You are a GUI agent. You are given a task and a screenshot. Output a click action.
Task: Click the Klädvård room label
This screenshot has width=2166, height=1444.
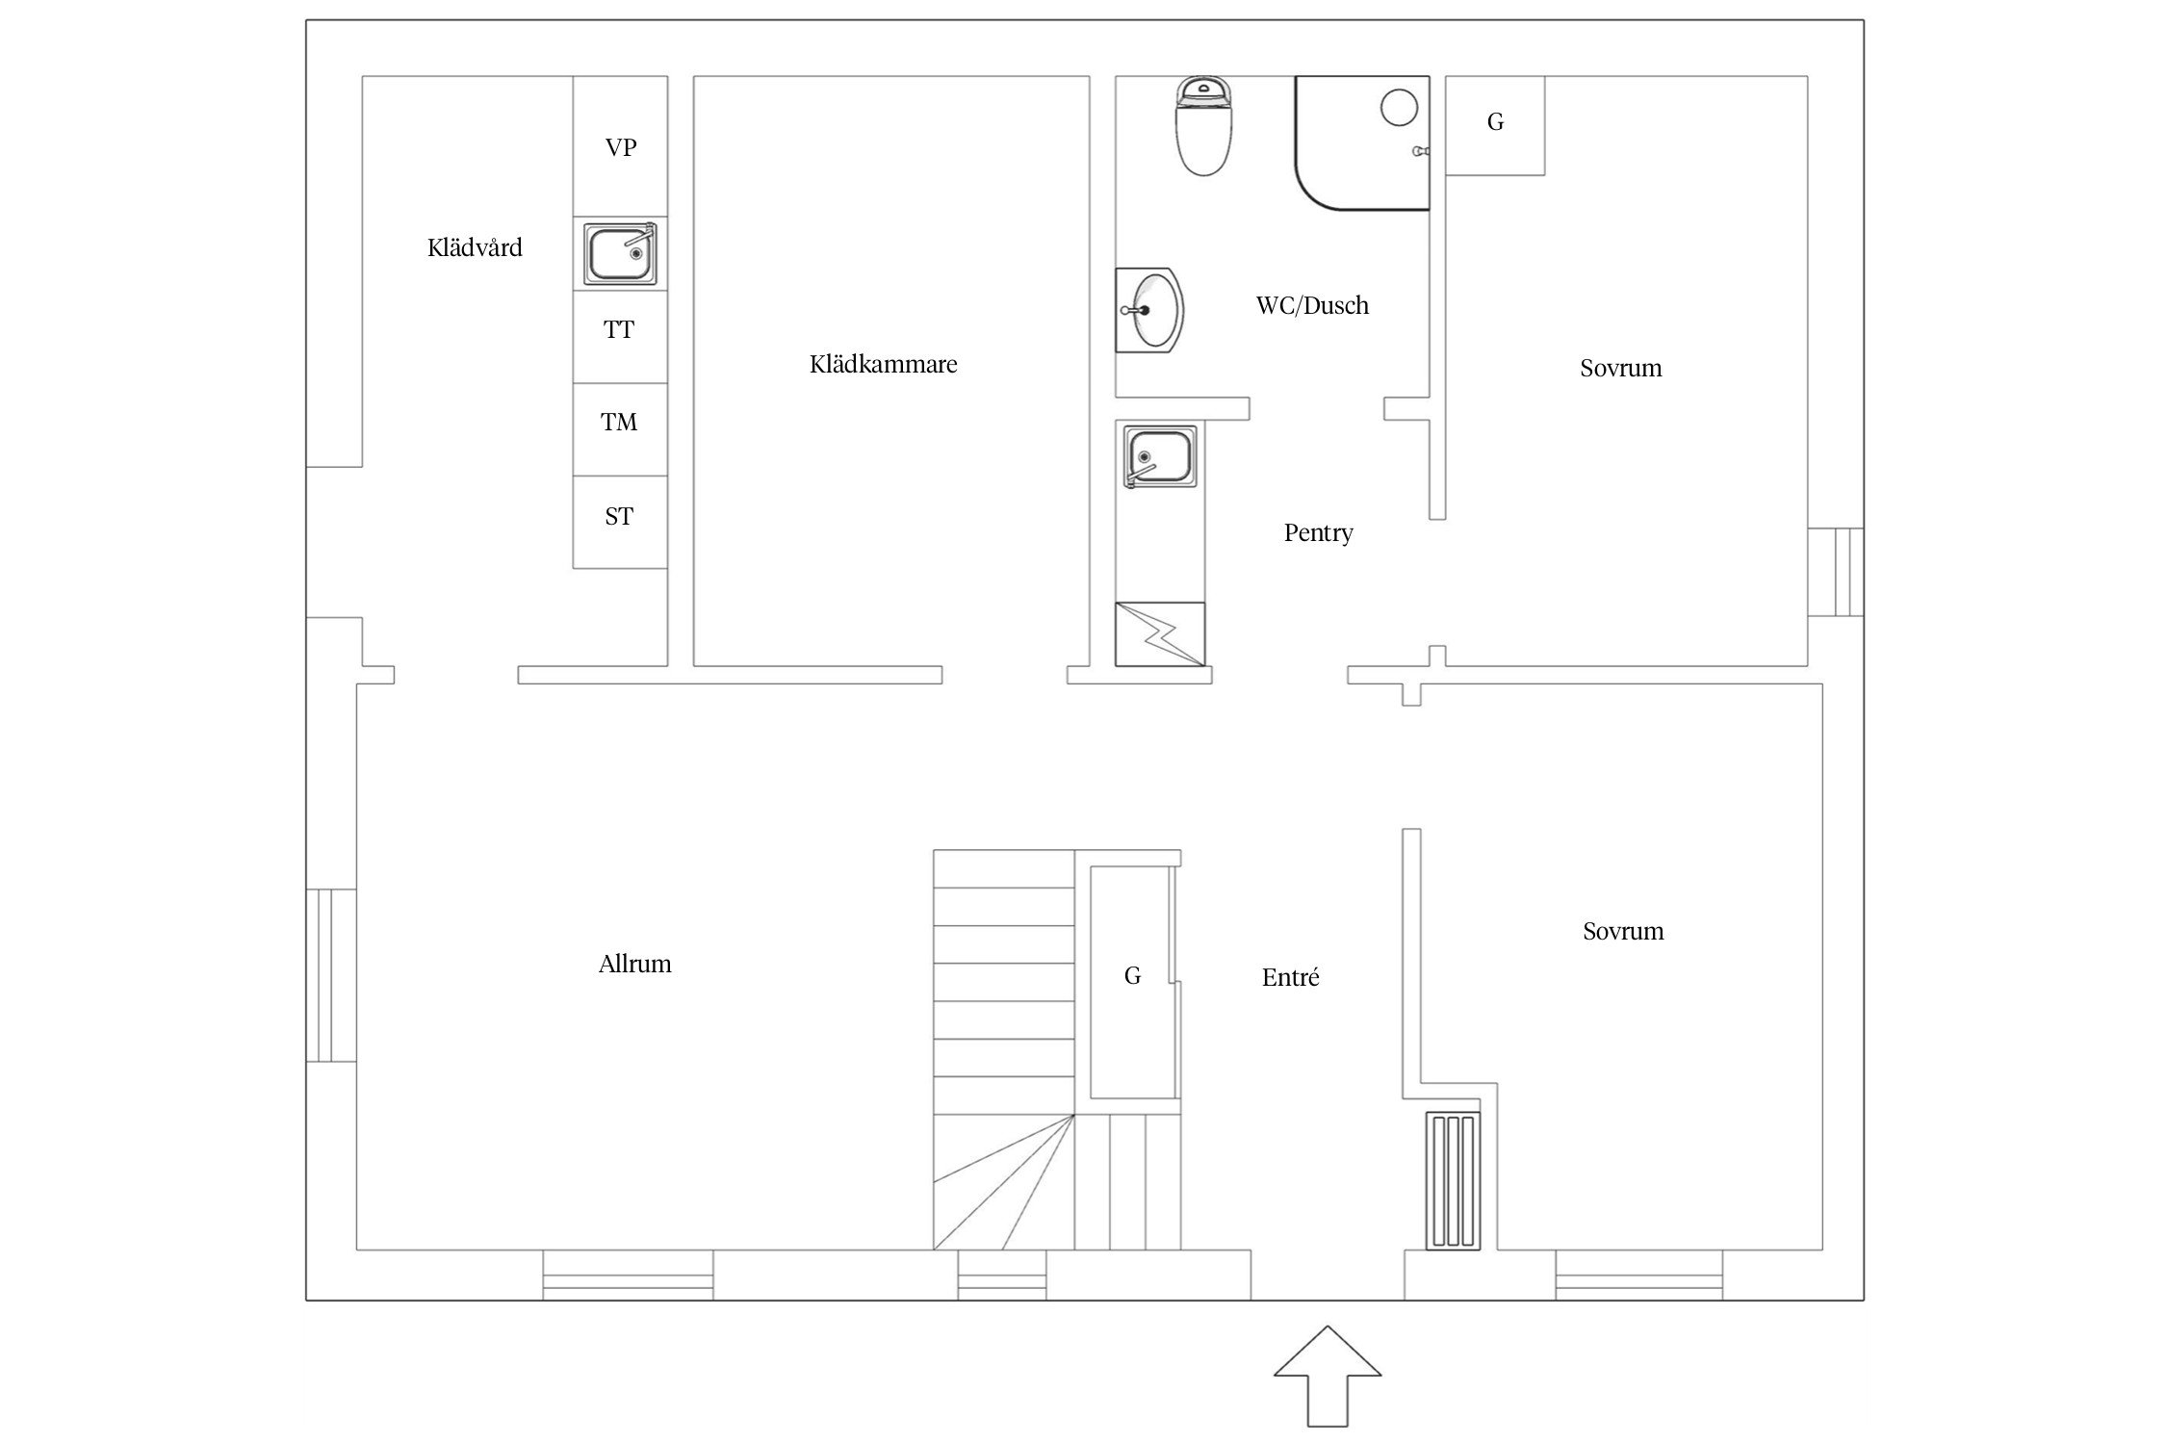(x=475, y=248)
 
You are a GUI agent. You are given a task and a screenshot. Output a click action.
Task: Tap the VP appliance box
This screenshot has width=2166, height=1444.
(x=620, y=146)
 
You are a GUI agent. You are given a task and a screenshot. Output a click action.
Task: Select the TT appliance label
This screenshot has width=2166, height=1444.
(x=619, y=330)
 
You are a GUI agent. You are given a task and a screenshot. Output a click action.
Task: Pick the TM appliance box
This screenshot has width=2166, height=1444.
(x=620, y=429)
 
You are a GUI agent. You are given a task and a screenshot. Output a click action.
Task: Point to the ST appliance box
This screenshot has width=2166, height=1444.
(x=620, y=522)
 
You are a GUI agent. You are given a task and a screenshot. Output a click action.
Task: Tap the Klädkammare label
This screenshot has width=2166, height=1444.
(x=884, y=364)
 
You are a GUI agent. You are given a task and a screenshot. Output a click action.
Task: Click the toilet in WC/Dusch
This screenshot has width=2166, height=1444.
(x=1205, y=127)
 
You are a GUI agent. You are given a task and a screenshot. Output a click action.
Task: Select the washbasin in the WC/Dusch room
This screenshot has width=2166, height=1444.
(x=1149, y=310)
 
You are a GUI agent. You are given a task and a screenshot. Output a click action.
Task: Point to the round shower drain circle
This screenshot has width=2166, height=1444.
(x=1399, y=107)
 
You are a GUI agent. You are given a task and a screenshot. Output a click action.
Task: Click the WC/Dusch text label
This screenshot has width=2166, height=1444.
(x=1312, y=306)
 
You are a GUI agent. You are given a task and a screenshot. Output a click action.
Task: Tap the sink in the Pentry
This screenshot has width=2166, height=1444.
(x=1161, y=457)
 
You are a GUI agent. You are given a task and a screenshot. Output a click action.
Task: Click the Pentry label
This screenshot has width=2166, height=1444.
(x=1319, y=532)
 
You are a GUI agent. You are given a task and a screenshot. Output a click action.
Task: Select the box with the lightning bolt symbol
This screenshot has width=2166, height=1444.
(x=1160, y=634)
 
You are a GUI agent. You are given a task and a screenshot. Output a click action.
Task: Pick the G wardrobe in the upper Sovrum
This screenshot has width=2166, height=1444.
(x=1495, y=126)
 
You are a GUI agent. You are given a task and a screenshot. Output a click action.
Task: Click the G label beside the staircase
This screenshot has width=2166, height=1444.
(x=1132, y=976)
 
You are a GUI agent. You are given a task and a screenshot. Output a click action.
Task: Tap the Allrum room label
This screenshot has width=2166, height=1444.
(x=635, y=964)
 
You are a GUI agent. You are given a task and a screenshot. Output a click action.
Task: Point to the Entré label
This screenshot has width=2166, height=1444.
(x=1290, y=978)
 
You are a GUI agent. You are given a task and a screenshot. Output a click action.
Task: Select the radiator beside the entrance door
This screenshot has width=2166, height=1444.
(x=1454, y=1181)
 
